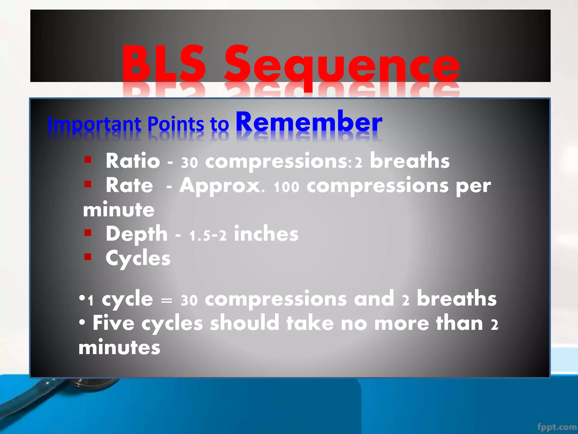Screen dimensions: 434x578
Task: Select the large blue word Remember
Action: (x=309, y=122)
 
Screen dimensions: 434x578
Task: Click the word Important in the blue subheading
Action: (x=94, y=124)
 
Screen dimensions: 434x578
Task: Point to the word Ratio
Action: (x=133, y=161)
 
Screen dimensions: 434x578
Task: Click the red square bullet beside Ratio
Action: (x=88, y=160)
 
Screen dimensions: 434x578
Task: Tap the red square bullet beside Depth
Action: (x=88, y=233)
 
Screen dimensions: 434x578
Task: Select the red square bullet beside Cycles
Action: (x=88, y=257)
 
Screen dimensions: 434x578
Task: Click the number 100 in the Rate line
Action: (x=286, y=187)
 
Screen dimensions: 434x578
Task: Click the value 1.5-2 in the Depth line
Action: (x=208, y=235)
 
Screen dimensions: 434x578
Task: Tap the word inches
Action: (x=266, y=234)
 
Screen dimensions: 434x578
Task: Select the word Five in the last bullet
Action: (x=113, y=323)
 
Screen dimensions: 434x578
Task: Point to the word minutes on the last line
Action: (x=119, y=348)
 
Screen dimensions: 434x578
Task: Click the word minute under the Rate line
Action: (x=119, y=210)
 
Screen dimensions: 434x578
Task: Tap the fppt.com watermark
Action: (x=557, y=427)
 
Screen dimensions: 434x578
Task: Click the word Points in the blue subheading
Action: (x=176, y=124)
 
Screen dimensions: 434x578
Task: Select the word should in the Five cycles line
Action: (x=244, y=323)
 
